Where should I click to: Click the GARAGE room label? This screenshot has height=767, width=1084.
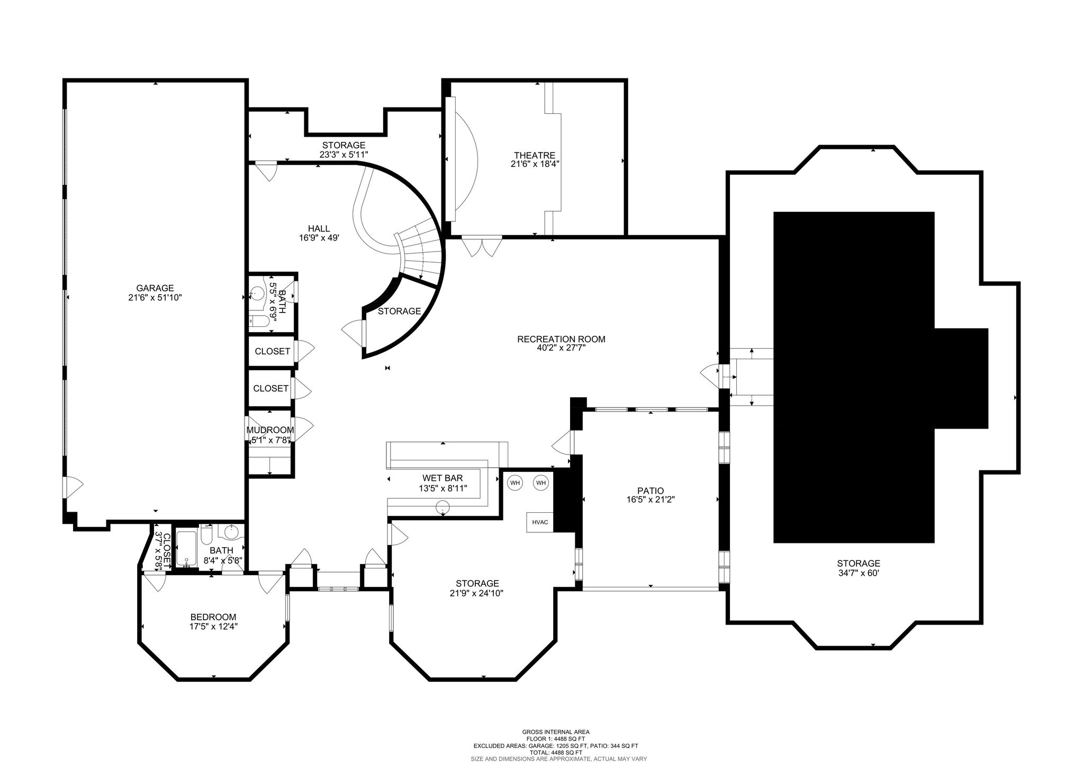[x=155, y=288]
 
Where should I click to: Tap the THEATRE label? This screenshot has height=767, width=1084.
[x=535, y=155]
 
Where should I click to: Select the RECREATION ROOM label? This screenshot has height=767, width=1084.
[x=561, y=339]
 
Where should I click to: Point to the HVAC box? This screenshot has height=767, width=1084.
[x=540, y=522]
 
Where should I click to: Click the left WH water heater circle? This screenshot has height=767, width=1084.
[x=515, y=483]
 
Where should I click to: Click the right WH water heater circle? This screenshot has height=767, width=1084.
[x=541, y=483]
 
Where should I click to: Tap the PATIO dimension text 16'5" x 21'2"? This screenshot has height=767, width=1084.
[x=651, y=499]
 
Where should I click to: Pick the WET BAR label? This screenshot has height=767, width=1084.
[x=442, y=478]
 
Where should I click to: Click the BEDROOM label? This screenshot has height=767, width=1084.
[x=213, y=617]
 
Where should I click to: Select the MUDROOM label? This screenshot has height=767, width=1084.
[x=270, y=430]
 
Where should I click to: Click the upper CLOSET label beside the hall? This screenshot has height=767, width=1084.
[x=273, y=351]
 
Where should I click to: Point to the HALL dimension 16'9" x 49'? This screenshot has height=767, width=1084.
[x=319, y=238]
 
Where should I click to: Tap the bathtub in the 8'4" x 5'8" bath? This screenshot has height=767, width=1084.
[x=186, y=549]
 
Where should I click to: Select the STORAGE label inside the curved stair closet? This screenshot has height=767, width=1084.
[x=400, y=311]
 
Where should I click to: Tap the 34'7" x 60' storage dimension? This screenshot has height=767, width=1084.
[x=859, y=573]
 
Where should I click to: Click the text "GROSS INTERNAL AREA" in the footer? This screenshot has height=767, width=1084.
[x=556, y=732]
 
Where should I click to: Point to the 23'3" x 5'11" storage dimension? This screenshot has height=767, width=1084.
[x=344, y=154]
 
